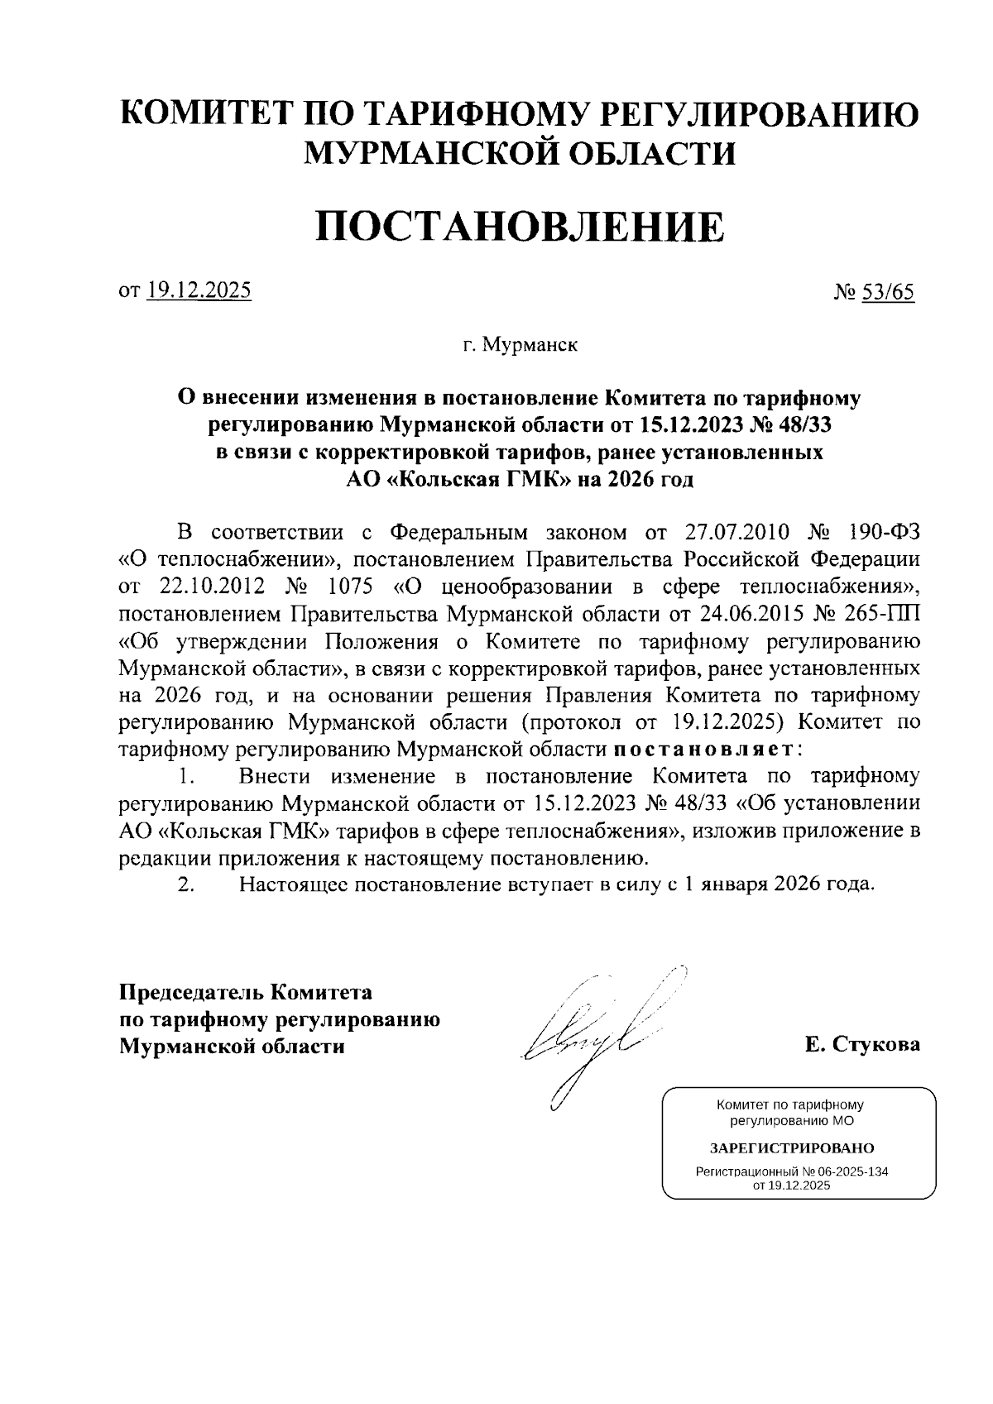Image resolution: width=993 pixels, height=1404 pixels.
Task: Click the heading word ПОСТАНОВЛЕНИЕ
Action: click(520, 227)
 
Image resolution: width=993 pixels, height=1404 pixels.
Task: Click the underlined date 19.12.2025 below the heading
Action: click(199, 291)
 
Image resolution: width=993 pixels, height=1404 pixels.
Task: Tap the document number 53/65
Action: click(887, 293)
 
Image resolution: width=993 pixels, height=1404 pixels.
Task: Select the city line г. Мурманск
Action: click(520, 345)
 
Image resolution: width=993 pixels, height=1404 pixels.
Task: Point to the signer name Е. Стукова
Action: click(861, 1044)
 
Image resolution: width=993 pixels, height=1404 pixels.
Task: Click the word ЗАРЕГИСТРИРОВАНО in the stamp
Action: click(791, 1148)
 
